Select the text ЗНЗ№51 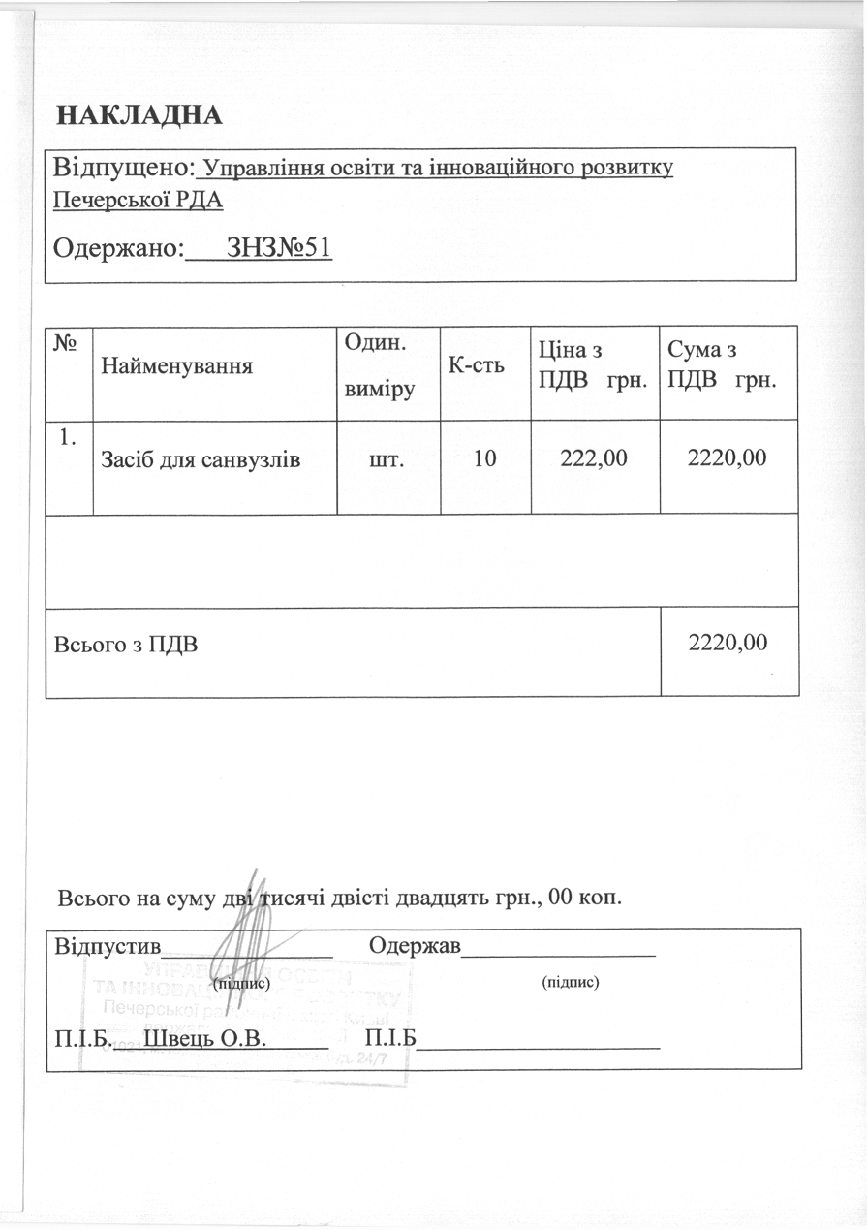(x=278, y=248)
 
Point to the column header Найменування (x=177, y=366)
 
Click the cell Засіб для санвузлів (x=201, y=459)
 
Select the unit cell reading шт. (x=387, y=458)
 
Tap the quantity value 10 (x=484, y=458)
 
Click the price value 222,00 (x=595, y=458)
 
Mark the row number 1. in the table (x=68, y=437)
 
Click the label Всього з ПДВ (x=125, y=643)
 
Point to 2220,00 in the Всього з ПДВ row (x=728, y=642)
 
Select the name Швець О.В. (x=204, y=1040)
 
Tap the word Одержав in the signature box (x=415, y=945)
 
